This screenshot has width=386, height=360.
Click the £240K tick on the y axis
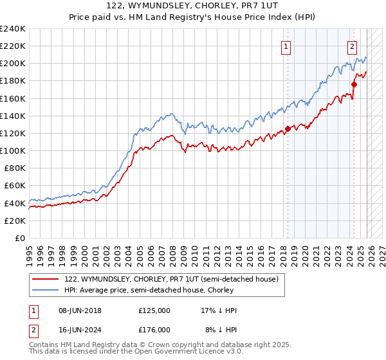(x=13, y=29)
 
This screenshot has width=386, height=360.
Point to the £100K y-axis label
(x=13, y=150)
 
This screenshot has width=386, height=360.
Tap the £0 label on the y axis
(x=19, y=238)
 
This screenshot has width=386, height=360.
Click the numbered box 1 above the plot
(x=285, y=46)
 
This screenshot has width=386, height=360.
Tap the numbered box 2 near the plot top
(x=353, y=46)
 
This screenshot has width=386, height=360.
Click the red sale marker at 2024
(x=354, y=84)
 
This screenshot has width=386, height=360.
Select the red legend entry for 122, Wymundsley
(x=171, y=279)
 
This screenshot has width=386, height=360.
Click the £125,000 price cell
(x=154, y=310)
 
